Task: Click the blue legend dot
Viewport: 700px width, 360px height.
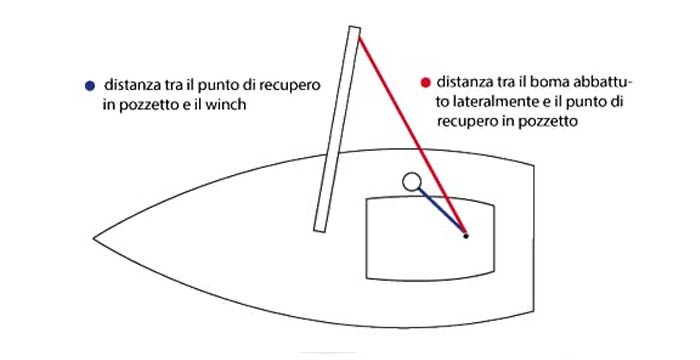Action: click(92, 85)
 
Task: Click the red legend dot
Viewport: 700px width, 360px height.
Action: click(426, 81)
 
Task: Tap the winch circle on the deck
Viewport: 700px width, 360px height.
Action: click(411, 182)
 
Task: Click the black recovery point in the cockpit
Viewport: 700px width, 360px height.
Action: click(466, 236)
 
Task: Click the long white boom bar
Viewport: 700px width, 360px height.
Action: click(337, 130)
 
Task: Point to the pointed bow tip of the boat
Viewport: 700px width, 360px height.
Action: click(96, 239)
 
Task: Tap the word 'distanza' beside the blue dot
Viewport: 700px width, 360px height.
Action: click(132, 85)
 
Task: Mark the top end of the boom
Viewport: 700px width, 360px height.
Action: click(354, 32)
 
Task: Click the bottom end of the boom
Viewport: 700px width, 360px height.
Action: click(320, 228)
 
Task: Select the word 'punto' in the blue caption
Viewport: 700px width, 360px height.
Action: click(221, 85)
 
